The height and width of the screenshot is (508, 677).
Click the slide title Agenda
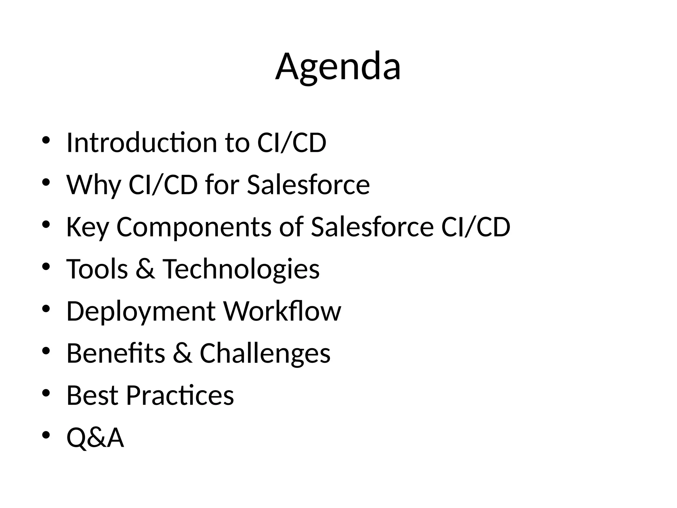coord(338,67)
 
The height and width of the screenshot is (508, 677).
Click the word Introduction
coord(142,143)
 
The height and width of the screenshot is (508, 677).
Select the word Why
coord(94,185)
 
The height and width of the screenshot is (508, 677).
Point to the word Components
coord(194,227)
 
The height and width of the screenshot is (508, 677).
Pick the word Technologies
coord(241,269)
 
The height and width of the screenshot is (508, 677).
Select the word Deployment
coord(141,312)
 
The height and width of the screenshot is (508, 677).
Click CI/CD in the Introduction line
coord(292,143)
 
